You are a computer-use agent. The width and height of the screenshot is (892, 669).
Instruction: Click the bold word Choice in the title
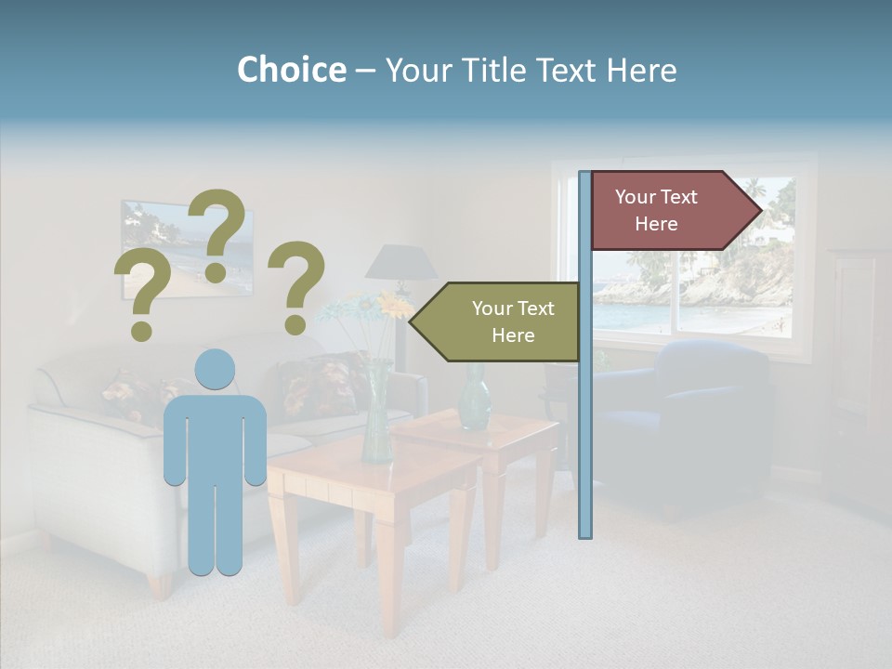click(291, 71)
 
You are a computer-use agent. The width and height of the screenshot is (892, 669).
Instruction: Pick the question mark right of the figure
click(296, 286)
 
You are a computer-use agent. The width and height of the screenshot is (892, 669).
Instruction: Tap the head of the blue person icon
click(215, 369)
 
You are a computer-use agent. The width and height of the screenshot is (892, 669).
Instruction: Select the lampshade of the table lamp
click(401, 263)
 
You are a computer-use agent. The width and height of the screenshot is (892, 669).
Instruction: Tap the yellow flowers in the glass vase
click(395, 305)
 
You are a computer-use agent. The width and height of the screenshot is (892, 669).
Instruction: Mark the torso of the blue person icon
click(215, 437)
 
